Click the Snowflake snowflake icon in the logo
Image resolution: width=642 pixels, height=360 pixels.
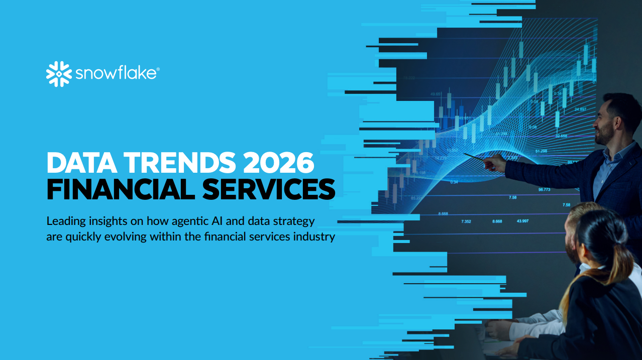(x=59, y=74)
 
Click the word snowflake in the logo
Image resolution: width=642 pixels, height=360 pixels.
(x=117, y=74)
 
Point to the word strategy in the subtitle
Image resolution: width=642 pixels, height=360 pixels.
(x=295, y=221)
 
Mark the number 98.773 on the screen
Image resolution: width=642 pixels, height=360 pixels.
(x=545, y=189)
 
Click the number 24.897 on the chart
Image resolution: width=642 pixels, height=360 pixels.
(x=580, y=109)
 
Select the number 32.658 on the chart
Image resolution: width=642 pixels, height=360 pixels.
(x=561, y=136)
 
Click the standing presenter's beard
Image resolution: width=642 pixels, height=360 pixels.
(x=603, y=137)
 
